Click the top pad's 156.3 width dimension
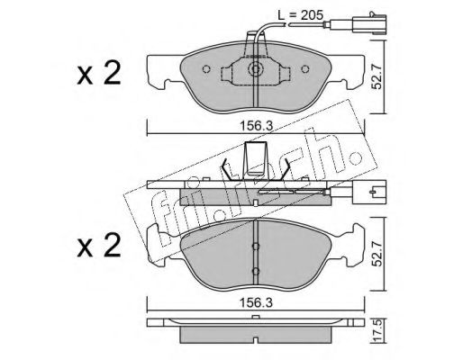(x=256, y=126)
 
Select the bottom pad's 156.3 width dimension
(x=256, y=302)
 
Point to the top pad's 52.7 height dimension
(x=377, y=76)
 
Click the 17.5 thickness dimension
(x=378, y=329)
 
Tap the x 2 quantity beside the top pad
(x=98, y=73)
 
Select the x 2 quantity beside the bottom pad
(x=98, y=246)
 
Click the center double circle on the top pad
(x=255, y=69)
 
